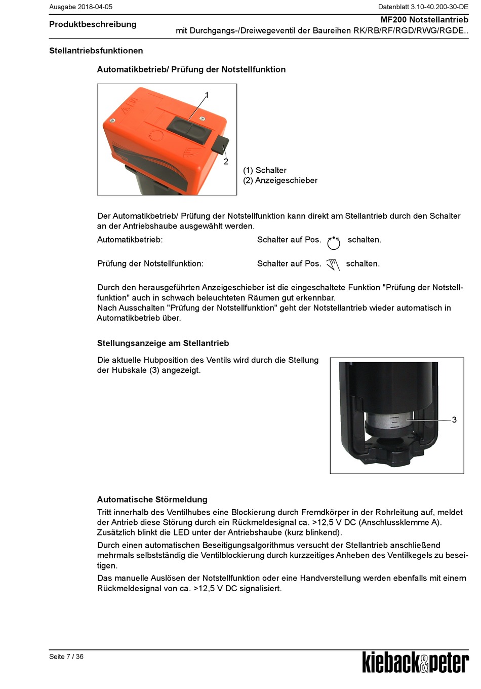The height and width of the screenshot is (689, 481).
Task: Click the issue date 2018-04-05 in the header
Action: tap(95, 7)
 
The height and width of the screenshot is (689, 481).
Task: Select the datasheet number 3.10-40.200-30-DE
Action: tap(439, 7)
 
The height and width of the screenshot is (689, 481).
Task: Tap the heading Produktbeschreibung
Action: tap(93, 24)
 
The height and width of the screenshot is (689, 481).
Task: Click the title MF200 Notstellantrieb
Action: tap(424, 20)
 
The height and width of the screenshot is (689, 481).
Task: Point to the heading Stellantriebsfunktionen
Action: tap(96, 51)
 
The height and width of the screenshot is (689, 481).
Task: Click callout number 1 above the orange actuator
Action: tap(207, 95)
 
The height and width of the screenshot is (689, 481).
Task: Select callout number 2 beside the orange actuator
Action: tap(226, 162)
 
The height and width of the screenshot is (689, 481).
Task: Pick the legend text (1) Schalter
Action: tap(265, 170)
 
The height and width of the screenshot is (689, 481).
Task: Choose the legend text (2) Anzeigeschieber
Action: tap(280, 180)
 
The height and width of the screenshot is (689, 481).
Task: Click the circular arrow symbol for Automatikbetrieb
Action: tap(334, 243)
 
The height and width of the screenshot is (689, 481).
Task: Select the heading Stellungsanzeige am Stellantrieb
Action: tap(163, 343)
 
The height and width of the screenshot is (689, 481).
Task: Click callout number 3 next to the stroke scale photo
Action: tap(454, 420)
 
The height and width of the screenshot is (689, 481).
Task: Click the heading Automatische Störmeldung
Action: tap(152, 500)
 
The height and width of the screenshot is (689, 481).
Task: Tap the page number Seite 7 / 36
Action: tap(66, 657)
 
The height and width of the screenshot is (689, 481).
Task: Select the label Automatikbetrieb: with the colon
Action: tap(130, 240)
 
